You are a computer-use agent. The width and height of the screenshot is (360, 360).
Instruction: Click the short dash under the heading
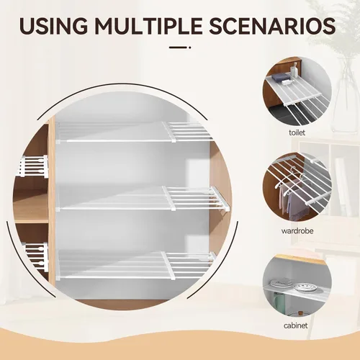(180, 48)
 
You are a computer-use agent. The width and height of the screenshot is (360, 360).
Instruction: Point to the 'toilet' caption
(297, 132)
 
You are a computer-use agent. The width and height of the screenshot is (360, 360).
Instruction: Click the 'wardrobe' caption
(297, 231)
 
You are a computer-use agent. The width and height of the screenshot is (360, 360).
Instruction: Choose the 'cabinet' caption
(295, 325)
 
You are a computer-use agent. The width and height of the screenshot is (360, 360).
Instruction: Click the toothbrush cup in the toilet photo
(294, 71)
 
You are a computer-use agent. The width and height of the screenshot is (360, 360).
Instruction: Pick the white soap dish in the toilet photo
(287, 82)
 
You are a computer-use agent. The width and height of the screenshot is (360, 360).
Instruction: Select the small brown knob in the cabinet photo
(300, 314)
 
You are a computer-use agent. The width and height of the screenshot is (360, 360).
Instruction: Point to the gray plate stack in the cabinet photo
(282, 282)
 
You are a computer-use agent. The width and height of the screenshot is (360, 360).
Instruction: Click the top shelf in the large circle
(135, 132)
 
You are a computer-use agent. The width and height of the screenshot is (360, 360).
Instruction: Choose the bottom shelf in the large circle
(135, 266)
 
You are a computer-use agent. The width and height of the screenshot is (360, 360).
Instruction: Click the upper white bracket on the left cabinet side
(34, 166)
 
